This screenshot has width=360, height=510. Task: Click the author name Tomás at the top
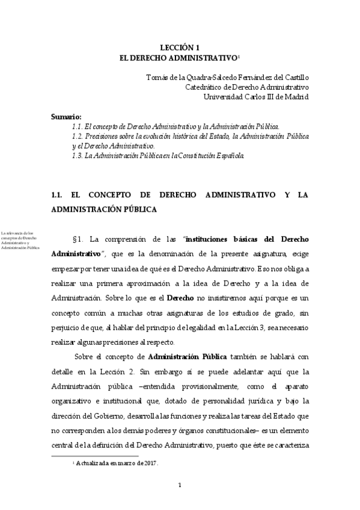tap(157, 77)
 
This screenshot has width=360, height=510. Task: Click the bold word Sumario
tap(66, 116)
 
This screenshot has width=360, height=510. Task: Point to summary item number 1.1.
tap(76, 126)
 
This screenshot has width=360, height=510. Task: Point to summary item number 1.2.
tap(76, 137)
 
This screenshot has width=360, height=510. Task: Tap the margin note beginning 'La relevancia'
tap(21, 239)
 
